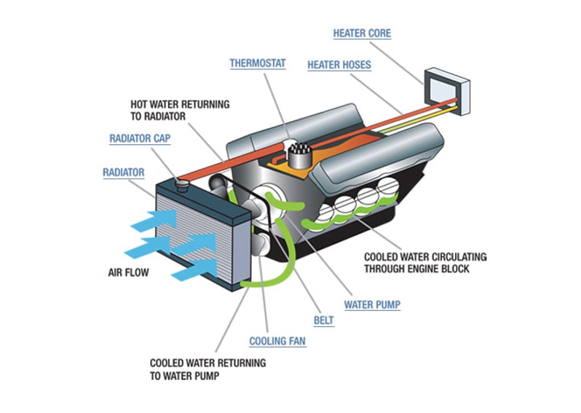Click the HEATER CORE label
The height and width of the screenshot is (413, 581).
click(362, 34)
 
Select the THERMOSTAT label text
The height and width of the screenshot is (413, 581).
click(258, 63)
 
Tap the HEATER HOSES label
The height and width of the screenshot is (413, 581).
click(339, 65)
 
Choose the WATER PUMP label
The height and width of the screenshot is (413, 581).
click(372, 304)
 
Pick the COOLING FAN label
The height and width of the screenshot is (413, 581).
click(277, 341)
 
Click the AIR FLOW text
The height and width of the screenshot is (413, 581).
click(129, 274)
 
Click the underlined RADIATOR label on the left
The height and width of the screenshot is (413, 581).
click(123, 173)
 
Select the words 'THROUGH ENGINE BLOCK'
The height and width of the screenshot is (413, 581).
click(417, 269)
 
